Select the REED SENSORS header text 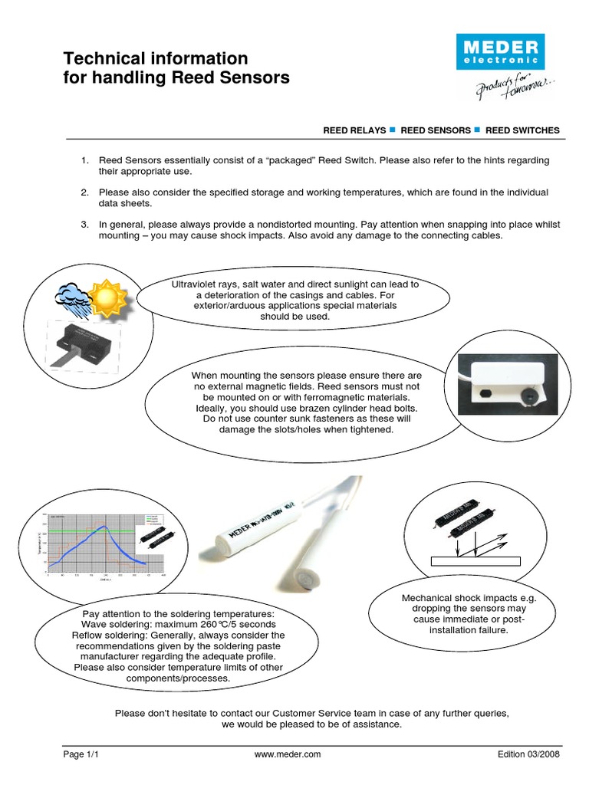tap(436, 130)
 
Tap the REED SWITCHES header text tap(522, 130)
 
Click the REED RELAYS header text tap(354, 130)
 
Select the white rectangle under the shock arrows tap(476, 560)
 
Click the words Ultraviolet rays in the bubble tap(206, 284)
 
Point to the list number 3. tap(84, 224)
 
